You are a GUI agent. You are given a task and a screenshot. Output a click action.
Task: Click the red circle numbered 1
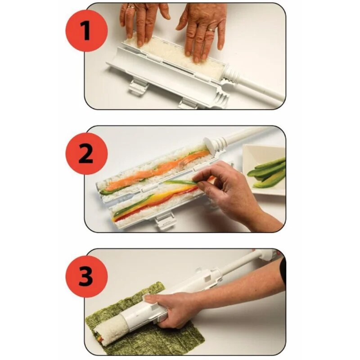(x=86, y=31)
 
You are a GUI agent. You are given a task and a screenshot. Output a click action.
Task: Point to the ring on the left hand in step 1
(x=131, y=7)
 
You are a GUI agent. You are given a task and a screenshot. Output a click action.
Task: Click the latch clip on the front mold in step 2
(x=165, y=221)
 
